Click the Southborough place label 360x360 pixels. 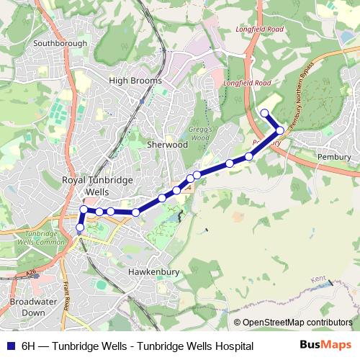pos(60,43)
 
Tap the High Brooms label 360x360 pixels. pos(135,81)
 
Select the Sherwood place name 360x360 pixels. pos(167,145)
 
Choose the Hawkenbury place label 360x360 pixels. pos(151,272)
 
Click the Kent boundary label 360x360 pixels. pos(318,278)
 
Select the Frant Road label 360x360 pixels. pos(67,295)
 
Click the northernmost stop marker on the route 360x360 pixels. pos(265,112)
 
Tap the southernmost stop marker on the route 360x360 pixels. pos(80,228)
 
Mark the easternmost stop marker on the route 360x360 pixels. pos(280,130)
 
